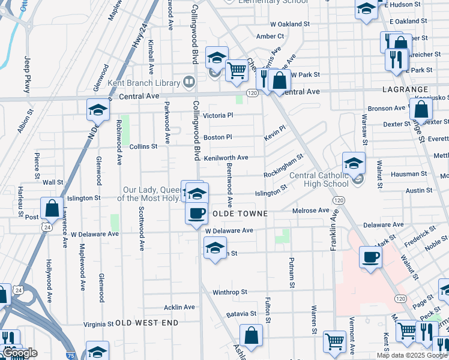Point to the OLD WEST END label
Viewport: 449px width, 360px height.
click(147, 323)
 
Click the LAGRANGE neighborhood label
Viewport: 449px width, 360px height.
click(405, 89)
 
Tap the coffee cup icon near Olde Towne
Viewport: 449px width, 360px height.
click(196, 214)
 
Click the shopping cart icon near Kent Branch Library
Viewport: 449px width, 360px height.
click(237, 71)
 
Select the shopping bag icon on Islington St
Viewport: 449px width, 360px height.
click(52, 208)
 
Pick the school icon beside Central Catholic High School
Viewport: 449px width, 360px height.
click(354, 163)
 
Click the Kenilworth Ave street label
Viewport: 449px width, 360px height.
click(226, 158)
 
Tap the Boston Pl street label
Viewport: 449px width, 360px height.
click(217, 137)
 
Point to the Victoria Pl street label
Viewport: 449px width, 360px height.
click(217, 115)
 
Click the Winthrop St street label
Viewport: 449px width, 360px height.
click(230, 292)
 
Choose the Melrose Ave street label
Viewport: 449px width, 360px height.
click(311, 211)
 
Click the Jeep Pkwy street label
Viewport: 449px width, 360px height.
click(27, 74)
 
